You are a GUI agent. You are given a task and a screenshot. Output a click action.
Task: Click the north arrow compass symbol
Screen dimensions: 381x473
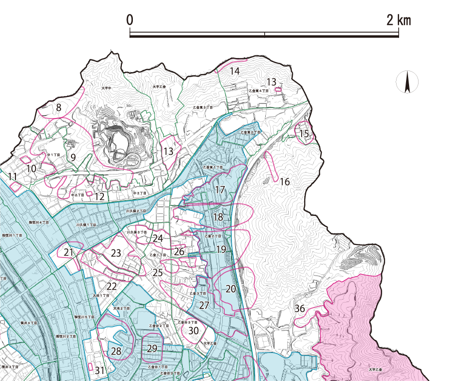pyautogui.click(x=407, y=82)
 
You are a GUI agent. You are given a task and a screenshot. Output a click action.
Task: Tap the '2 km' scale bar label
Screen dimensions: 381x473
pyautogui.click(x=398, y=20)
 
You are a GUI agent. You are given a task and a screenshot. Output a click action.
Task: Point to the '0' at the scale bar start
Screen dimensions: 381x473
pyautogui.click(x=130, y=20)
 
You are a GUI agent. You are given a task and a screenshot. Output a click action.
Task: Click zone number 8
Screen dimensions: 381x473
pyautogui.click(x=58, y=107)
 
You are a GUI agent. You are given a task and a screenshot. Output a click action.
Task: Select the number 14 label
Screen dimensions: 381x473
pyautogui.click(x=234, y=71)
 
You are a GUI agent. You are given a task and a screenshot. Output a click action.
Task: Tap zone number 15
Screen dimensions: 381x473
pyautogui.click(x=304, y=134)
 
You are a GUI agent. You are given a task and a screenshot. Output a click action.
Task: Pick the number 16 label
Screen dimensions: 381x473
pyautogui.click(x=284, y=182)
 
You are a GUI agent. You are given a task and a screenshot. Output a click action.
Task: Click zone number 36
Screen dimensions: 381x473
pyautogui.click(x=300, y=308)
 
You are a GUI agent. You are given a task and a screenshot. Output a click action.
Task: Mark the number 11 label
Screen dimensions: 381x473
pyautogui.click(x=13, y=176)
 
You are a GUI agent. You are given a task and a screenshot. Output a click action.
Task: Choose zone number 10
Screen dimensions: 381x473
pyautogui.click(x=31, y=169)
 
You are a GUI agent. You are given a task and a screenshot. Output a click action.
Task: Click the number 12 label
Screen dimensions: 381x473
pyautogui.click(x=99, y=197)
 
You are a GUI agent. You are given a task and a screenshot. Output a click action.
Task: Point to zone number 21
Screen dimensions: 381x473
pyautogui.click(x=68, y=252)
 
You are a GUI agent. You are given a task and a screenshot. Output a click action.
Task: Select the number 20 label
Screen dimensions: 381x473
pyautogui.click(x=230, y=289)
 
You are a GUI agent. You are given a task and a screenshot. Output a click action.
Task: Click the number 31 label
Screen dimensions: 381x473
pyautogui.click(x=100, y=370)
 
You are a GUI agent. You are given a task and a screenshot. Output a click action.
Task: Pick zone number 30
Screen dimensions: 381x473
pyautogui.click(x=194, y=330)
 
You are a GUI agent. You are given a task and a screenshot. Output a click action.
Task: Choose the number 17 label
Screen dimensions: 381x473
pyautogui.click(x=220, y=190)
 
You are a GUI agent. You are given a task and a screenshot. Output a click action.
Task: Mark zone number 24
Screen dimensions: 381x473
pyautogui.click(x=158, y=239)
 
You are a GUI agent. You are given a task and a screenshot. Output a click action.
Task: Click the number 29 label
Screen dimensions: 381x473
pyautogui.click(x=152, y=348)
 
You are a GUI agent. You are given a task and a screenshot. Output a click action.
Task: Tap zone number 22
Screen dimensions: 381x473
pyautogui.click(x=111, y=286)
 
